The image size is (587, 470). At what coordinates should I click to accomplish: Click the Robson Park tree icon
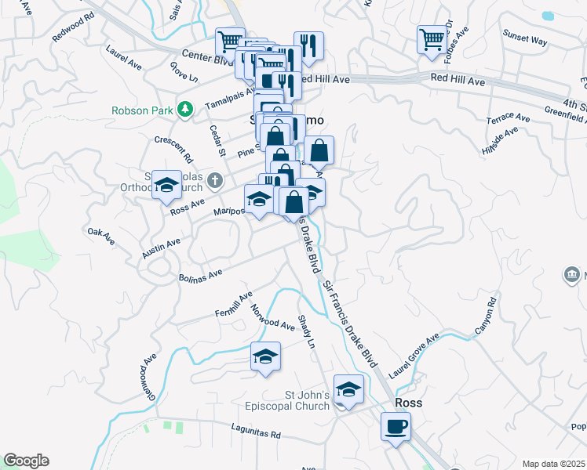(184, 110)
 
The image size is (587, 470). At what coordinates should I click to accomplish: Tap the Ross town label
(408, 403)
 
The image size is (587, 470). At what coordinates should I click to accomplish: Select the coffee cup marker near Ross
(396, 428)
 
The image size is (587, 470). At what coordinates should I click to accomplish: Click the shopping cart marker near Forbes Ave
(432, 40)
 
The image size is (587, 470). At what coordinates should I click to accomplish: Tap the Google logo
(26, 461)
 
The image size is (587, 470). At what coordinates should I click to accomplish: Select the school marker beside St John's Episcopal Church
(348, 389)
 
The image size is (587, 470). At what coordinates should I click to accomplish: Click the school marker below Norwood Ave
(265, 356)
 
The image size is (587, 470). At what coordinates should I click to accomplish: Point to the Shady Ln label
(306, 333)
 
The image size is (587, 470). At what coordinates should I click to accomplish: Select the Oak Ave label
(97, 233)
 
